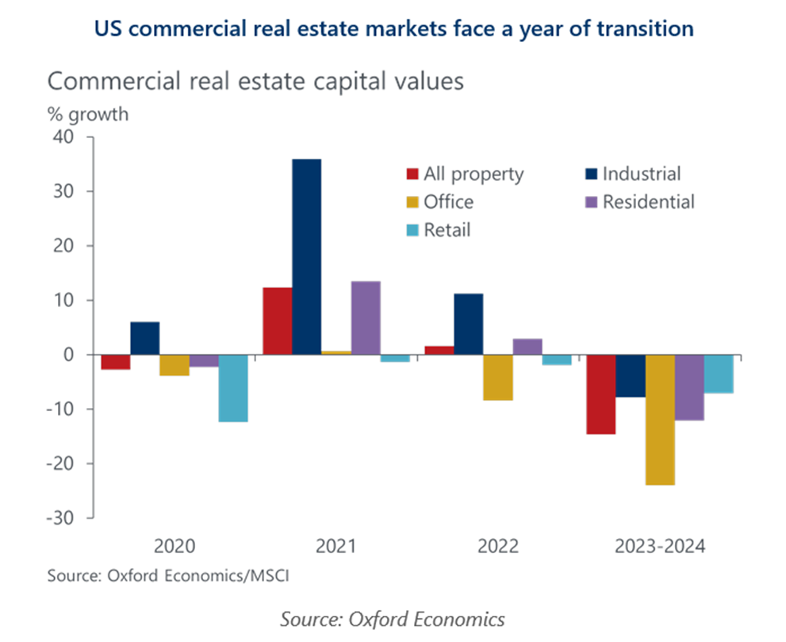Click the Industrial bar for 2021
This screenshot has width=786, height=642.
(306, 256)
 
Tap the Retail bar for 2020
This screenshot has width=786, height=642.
(233, 388)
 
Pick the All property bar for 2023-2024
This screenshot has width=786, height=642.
(601, 394)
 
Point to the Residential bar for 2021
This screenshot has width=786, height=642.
(365, 317)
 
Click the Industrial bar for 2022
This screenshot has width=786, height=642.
(468, 324)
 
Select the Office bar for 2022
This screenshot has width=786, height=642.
(497, 377)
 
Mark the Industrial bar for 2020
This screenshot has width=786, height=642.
(144, 338)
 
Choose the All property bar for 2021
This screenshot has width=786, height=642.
(277, 321)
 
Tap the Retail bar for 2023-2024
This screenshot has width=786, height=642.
(719, 374)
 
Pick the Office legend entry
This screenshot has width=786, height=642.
(439, 202)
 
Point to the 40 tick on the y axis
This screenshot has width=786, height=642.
(64, 137)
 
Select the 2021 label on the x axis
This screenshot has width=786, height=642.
(335, 547)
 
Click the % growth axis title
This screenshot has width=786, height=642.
(86, 113)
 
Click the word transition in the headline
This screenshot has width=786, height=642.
(646, 29)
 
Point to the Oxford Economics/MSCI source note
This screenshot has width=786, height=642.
(167, 575)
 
